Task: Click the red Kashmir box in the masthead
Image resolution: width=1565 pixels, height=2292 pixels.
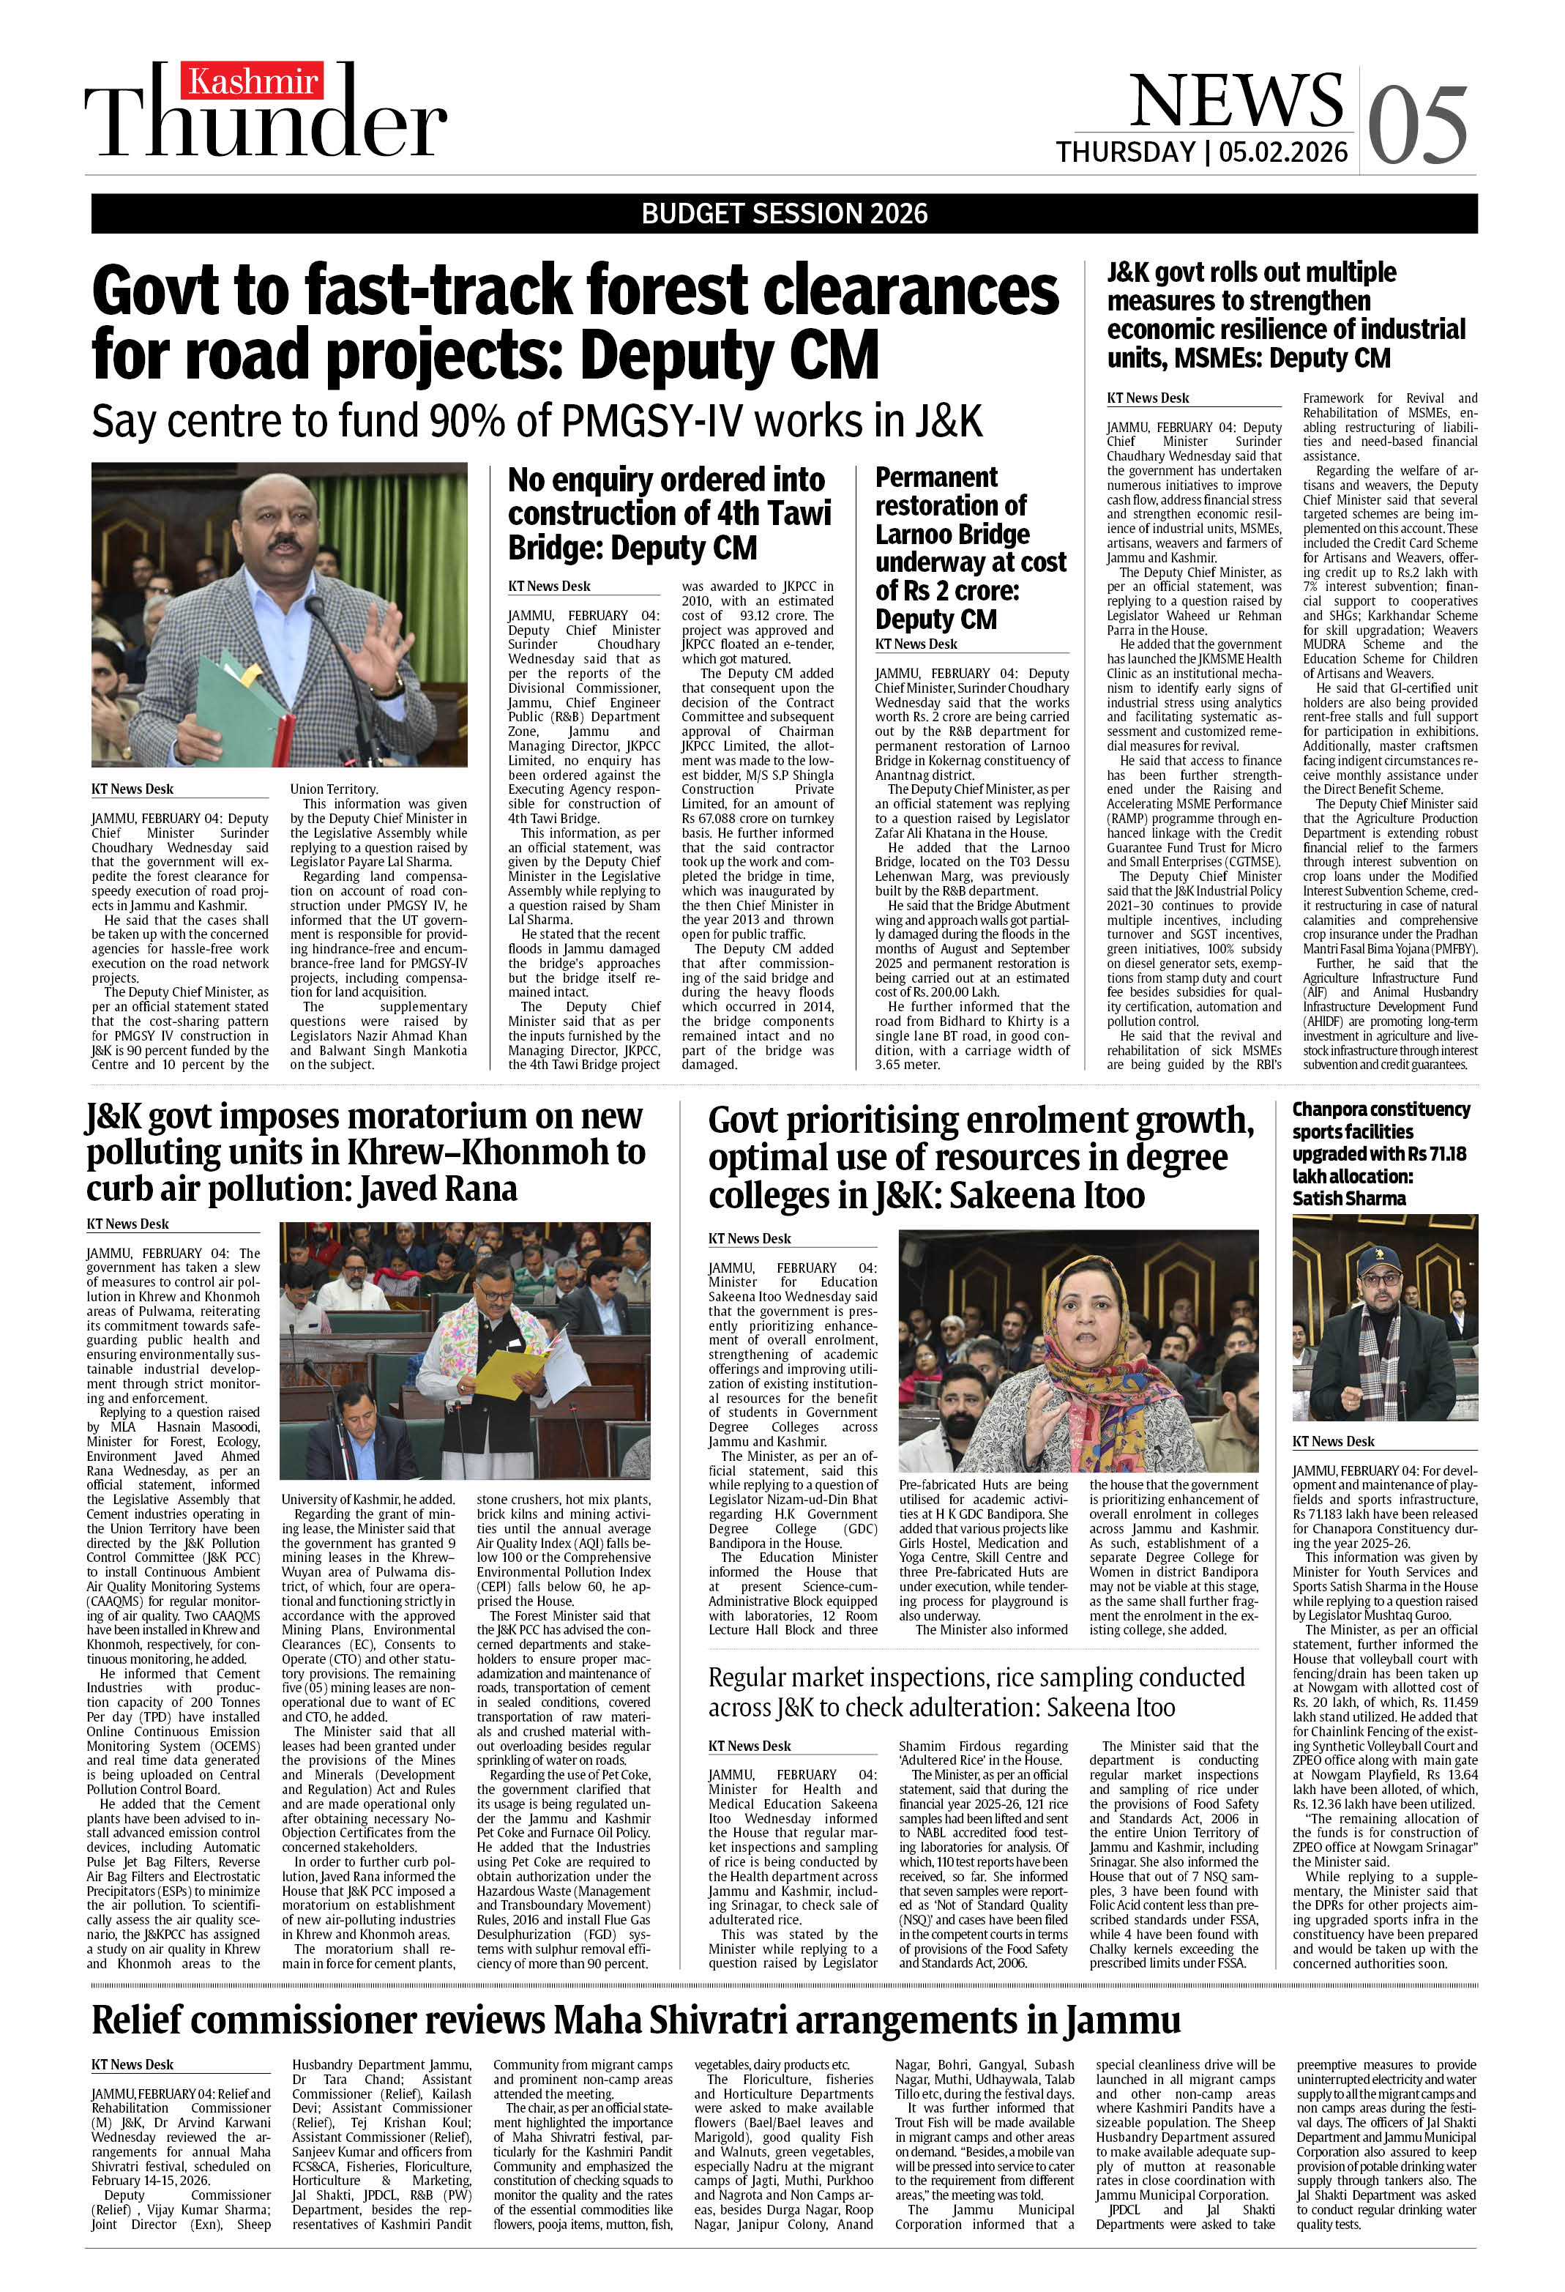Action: point(253,81)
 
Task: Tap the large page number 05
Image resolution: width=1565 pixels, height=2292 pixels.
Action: point(1417,124)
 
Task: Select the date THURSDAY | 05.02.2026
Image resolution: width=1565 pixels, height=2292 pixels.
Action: point(1201,152)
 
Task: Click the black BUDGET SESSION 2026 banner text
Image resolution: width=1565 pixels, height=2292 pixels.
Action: point(784,213)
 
